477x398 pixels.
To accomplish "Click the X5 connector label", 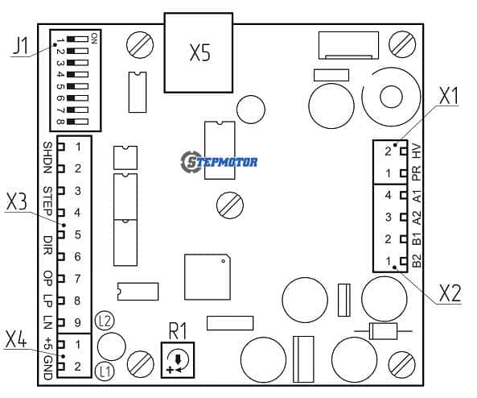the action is coord(199,52).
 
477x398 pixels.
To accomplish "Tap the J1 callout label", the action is coord(21,46).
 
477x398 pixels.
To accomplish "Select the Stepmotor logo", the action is coord(219,161).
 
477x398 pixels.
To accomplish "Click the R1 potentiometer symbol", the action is coord(178,360).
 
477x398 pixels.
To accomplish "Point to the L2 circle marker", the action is coord(105,321).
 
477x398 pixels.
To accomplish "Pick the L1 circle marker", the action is coord(105,371).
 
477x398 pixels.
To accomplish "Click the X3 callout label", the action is coord(17,202).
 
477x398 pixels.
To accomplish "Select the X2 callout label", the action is coord(450,294).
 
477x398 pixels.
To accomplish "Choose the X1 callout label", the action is coord(448,97).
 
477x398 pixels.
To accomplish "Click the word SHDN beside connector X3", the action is coord(47,158).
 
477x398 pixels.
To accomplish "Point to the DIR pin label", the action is coord(47,245).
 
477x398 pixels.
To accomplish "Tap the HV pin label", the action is coord(417,151).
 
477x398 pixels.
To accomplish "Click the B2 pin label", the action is coord(417,261).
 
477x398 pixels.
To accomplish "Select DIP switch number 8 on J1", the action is coord(78,122).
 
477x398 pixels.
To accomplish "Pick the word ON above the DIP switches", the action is coord(94,38).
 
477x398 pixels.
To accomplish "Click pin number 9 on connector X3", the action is coord(77,322).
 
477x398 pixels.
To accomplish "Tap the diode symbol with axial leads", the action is coord(383,331).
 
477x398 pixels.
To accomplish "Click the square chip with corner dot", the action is coord(208,276).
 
